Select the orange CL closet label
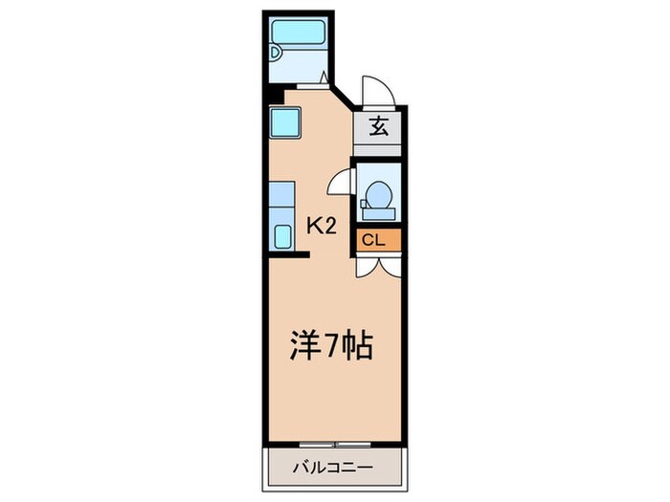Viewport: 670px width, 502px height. [373, 240]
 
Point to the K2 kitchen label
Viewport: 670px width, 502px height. [320, 226]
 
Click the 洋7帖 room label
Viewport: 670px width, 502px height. [331, 345]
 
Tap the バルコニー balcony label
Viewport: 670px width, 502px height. [331, 469]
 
